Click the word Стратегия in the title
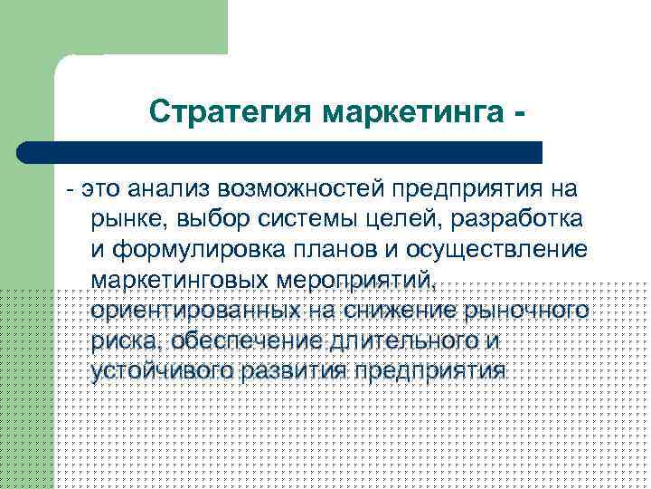point(230,112)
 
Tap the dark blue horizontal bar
point(279,152)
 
